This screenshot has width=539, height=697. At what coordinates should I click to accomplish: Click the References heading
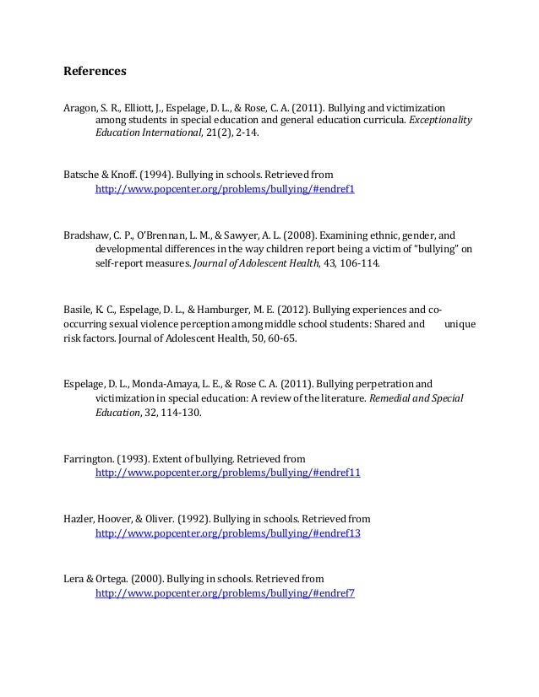click(x=95, y=72)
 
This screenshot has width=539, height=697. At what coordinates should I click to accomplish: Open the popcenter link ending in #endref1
click(x=225, y=190)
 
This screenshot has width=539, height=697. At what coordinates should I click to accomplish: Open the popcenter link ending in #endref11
click(x=227, y=473)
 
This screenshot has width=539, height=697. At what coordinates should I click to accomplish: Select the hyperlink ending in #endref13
click(x=227, y=534)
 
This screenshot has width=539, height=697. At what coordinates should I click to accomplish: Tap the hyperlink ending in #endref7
click(x=225, y=593)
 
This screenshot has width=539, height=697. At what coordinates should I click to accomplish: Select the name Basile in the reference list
click(x=79, y=308)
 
